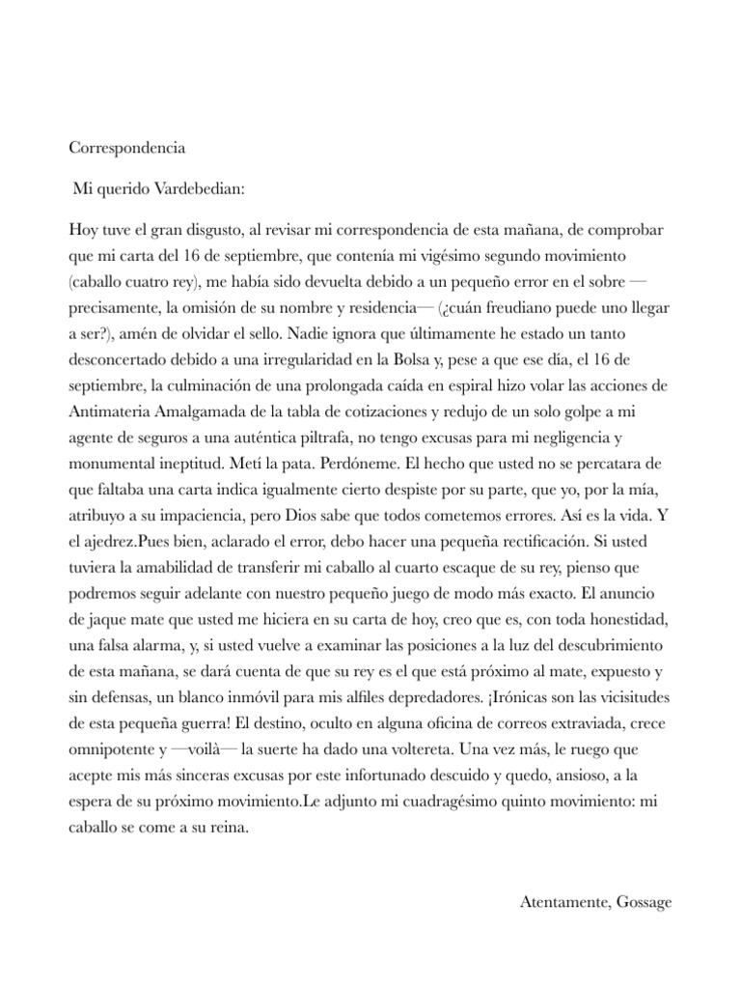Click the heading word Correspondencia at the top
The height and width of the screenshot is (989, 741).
click(x=127, y=149)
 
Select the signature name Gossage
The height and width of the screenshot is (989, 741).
click(x=642, y=902)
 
